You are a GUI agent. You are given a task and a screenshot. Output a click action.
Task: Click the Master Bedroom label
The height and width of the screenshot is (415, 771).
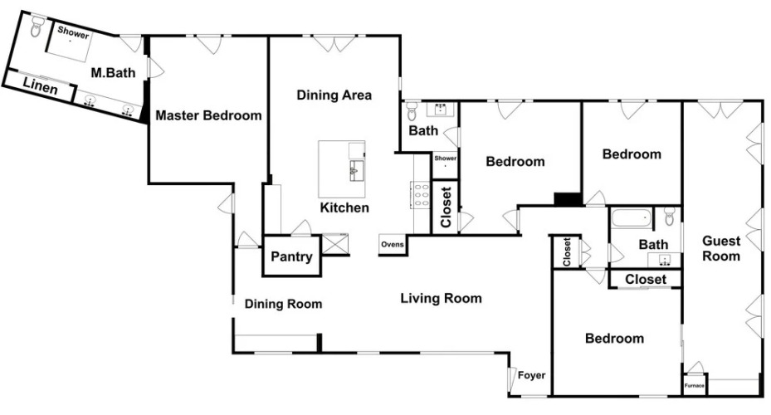[x=208, y=115]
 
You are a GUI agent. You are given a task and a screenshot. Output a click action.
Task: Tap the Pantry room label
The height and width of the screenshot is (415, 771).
[x=291, y=256]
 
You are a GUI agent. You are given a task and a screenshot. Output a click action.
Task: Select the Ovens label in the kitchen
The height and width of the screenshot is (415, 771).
[x=393, y=244]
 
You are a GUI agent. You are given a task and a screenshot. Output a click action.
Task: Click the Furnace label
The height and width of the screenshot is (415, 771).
[x=694, y=385]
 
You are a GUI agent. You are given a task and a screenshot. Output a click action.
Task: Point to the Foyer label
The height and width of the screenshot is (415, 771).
[x=531, y=376]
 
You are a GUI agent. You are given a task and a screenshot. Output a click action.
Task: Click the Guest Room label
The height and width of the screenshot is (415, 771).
[x=721, y=248]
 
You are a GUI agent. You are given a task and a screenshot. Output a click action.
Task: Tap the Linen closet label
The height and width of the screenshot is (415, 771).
[x=41, y=86]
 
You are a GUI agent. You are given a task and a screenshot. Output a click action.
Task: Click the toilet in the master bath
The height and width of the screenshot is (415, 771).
[x=37, y=27]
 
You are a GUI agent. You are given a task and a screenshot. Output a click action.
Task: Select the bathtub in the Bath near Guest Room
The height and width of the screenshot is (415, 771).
[x=632, y=217]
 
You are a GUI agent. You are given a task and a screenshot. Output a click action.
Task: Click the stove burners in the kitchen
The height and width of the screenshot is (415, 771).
[x=422, y=195]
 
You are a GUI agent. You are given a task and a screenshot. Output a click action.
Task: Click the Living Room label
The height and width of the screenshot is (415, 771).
[x=441, y=298]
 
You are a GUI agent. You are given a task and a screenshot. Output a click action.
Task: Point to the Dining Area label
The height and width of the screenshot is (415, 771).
[x=334, y=95]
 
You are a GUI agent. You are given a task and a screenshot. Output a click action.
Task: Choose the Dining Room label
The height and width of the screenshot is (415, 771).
[x=283, y=304]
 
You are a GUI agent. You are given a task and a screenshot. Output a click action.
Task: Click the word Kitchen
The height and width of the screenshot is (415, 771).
[x=344, y=207]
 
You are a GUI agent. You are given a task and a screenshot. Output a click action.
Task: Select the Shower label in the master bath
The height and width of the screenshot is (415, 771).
[x=73, y=32]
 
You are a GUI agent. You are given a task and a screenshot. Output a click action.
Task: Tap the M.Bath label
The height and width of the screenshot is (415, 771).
[x=113, y=73]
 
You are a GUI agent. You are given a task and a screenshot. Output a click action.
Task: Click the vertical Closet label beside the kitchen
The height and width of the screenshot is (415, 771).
[x=446, y=207]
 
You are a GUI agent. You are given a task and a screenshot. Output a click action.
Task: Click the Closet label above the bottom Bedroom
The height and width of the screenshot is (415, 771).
[x=646, y=279]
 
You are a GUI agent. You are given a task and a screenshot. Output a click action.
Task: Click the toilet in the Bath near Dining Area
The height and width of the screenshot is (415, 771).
[x=412, y=111]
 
